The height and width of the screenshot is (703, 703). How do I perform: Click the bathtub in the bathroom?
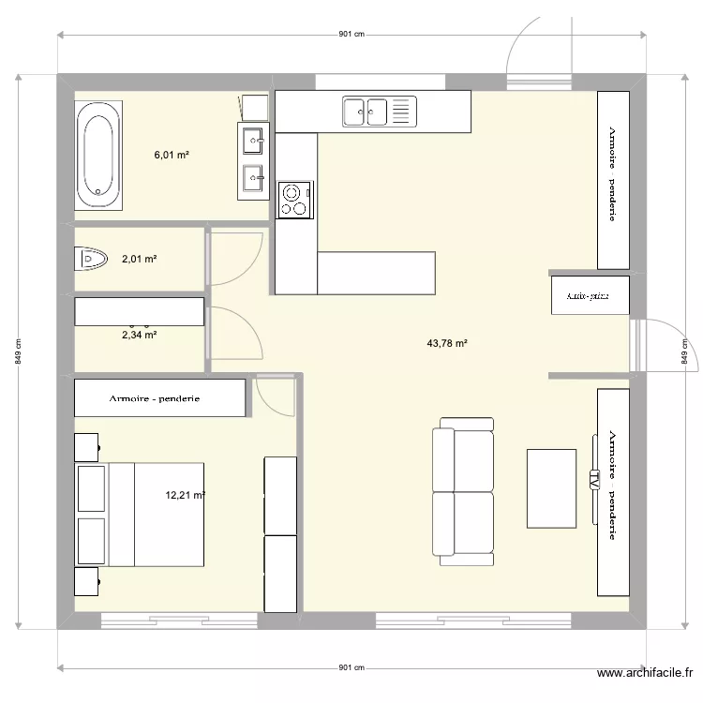point(98,156)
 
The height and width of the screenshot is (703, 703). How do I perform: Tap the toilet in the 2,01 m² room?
point(93,258)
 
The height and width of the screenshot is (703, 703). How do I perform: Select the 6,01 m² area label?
point(172,156)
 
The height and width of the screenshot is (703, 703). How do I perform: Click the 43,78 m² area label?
point(446,344)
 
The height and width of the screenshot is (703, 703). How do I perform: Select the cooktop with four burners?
point(295,200)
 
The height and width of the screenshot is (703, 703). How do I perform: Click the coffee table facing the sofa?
point(551,487)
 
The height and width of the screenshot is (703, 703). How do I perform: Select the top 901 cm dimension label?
point(351,35)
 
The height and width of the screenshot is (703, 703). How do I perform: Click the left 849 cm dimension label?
point(18,352)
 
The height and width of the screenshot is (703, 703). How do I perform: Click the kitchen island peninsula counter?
point(377,273)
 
